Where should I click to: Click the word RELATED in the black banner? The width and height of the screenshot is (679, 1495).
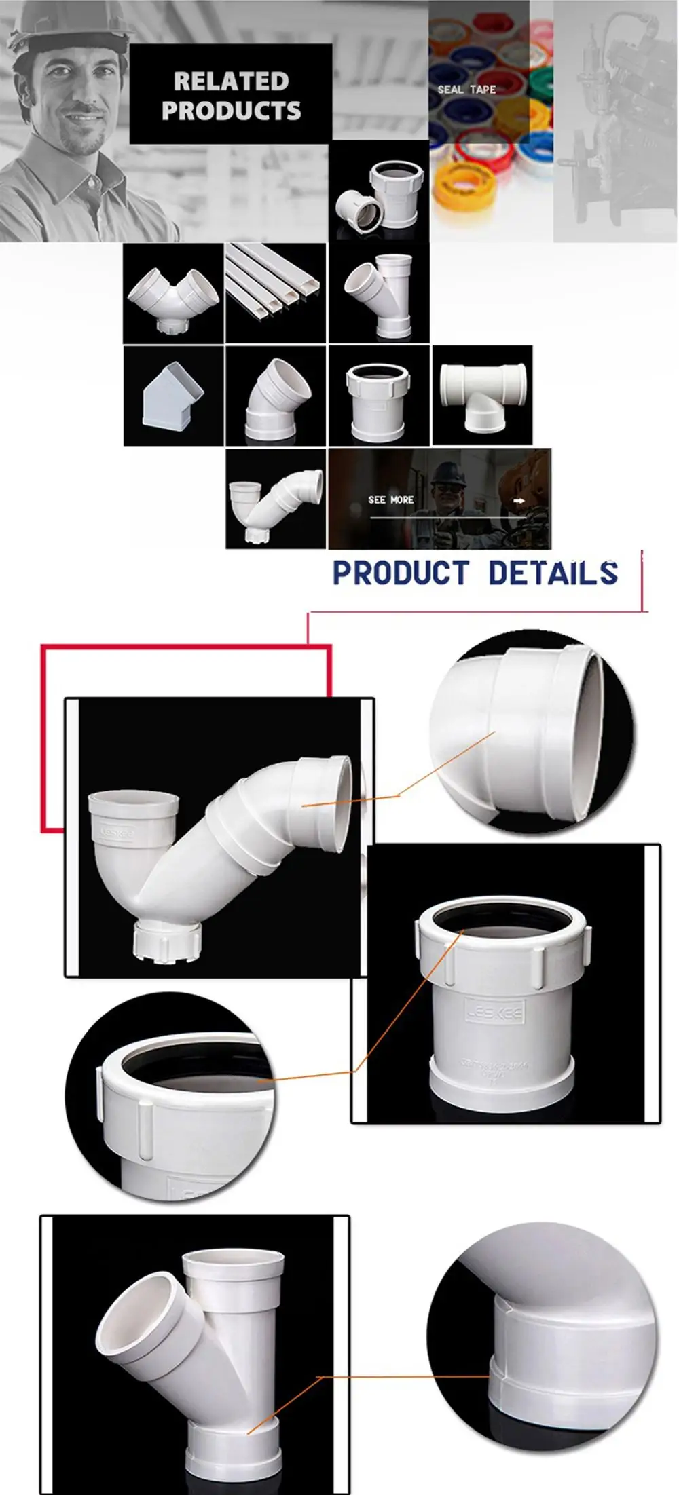pyautogui.click(x=231, y=81)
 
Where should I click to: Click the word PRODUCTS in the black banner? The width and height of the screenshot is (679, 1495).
pyautogui.click(x=231, y=111)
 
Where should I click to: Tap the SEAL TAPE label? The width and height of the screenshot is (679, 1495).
pyautogui.click(x=466, y=90)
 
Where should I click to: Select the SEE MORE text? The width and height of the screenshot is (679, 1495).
pyautogui.click(x=391, y=500)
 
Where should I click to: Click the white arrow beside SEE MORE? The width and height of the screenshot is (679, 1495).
pyautogui.click(x=519, y=501)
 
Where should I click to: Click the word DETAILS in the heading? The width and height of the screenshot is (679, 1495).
pyautogui.click(x=553, y=573)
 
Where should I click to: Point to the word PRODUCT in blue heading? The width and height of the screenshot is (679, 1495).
pyautogui.click(x=401, y=573)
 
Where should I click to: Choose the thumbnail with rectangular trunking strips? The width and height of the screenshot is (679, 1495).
pyautogui.click(x=276, y=292)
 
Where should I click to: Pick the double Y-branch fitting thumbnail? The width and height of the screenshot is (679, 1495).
pyautogui.click(x=173, y=292)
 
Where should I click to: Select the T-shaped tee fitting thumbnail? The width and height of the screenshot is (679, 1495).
pyautogui.click(x=482, y=395)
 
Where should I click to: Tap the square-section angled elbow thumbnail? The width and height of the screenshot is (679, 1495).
pyautogui.click(x=173, y=396)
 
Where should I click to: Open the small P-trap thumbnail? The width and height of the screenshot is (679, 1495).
pyautogui.click(x=276, y=499)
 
